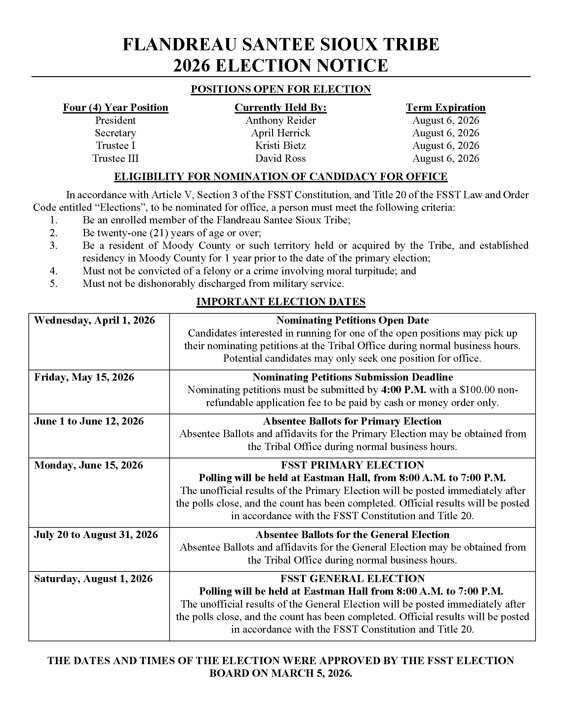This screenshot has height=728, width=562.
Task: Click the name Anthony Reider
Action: pos(280,120)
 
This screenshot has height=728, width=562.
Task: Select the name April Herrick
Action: pos(280,133)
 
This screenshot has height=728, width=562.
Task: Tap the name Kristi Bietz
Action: pos(280,146)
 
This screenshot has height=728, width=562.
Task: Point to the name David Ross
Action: pos(280,158)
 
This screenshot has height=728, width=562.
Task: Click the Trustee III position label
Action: pos(115,158)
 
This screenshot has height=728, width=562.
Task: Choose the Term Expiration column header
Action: pos(446,107)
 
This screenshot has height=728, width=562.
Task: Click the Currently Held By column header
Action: pos(280,107)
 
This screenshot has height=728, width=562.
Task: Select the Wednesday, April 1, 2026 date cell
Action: pos(95,320)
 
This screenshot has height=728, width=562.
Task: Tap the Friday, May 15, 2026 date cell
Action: pos(84,377)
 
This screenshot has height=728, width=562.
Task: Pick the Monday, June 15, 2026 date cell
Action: pos(89,465)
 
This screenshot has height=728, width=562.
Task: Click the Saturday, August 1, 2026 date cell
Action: pos(93,578)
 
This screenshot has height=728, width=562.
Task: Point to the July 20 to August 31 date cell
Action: pos(96,534)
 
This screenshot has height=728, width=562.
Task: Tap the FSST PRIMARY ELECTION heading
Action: pos(352,465)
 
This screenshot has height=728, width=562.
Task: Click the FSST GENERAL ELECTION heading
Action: pos(352,578)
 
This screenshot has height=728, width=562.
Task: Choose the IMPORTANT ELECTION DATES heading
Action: pos(281,301)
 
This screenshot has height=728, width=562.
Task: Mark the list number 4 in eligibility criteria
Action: pos(54,271)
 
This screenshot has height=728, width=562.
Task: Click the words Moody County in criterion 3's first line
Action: pos(196,246)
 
